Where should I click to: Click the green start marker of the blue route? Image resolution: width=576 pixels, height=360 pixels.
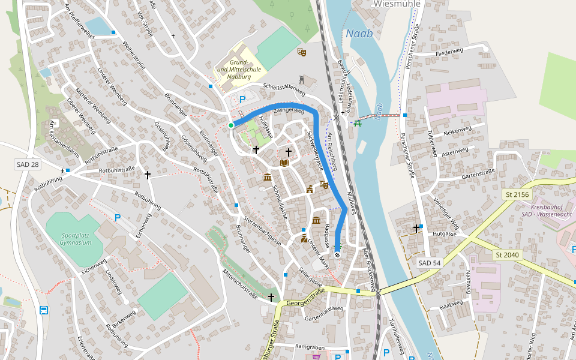[x=231, y=125]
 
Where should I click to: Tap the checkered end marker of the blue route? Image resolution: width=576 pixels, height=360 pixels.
[x=337, y=254]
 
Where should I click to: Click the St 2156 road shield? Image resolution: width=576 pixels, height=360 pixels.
[x=517, y=195]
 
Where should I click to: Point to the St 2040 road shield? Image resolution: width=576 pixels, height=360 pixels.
[x=507, y=255]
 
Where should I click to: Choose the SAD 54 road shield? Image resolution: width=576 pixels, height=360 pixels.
[x=429, y=263]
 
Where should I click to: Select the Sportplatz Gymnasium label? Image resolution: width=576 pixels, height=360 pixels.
[x=76, y=239]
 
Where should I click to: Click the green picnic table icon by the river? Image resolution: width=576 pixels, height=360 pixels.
[x=358, y=123]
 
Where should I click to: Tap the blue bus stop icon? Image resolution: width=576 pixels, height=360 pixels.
[x=44, y=310]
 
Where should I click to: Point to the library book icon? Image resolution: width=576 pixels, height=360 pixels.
[x=284, y=163]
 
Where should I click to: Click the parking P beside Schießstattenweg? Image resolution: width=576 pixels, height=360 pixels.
[x=242, y=100]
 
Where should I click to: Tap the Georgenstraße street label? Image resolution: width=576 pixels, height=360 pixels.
[x=305, y=296]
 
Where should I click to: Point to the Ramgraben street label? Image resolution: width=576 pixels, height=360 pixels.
[x=310, y=347]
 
